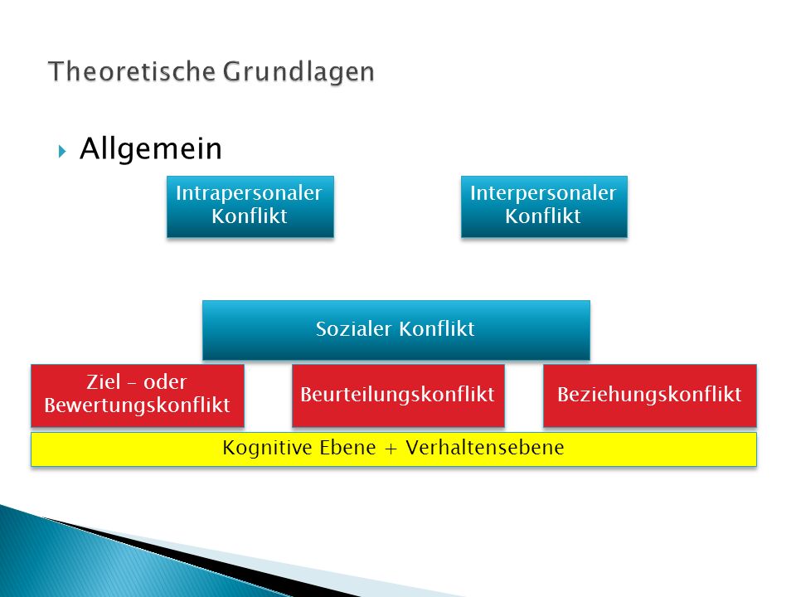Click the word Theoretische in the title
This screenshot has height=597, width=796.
click(x=132, y=71)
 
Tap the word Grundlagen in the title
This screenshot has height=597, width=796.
click(x=298, y=72)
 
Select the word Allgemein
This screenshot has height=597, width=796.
click(x=151, y=149)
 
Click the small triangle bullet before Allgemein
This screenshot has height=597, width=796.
click(x=62, y=151)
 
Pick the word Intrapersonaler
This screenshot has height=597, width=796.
click(x=249, y=193)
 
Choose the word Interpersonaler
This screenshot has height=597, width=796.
click(x=543, y=193)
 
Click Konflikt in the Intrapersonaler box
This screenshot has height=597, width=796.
click(x=250, y=216)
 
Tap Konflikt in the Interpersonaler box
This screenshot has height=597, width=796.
click(x=542, y=216)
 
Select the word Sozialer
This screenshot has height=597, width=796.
click(x=353, y=329)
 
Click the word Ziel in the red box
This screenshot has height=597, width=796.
click(x=104, y=382)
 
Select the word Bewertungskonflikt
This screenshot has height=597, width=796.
click(x=137, y=405)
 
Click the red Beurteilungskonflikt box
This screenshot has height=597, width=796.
click(x=398, y=396)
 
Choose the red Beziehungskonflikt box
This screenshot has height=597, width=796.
click(x=650, y=396)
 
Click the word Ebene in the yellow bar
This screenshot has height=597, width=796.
click(x=347, y=448)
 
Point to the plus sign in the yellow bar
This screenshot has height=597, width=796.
click(x=391, y=449)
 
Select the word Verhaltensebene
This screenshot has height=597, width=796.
click(x=485, y=448)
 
